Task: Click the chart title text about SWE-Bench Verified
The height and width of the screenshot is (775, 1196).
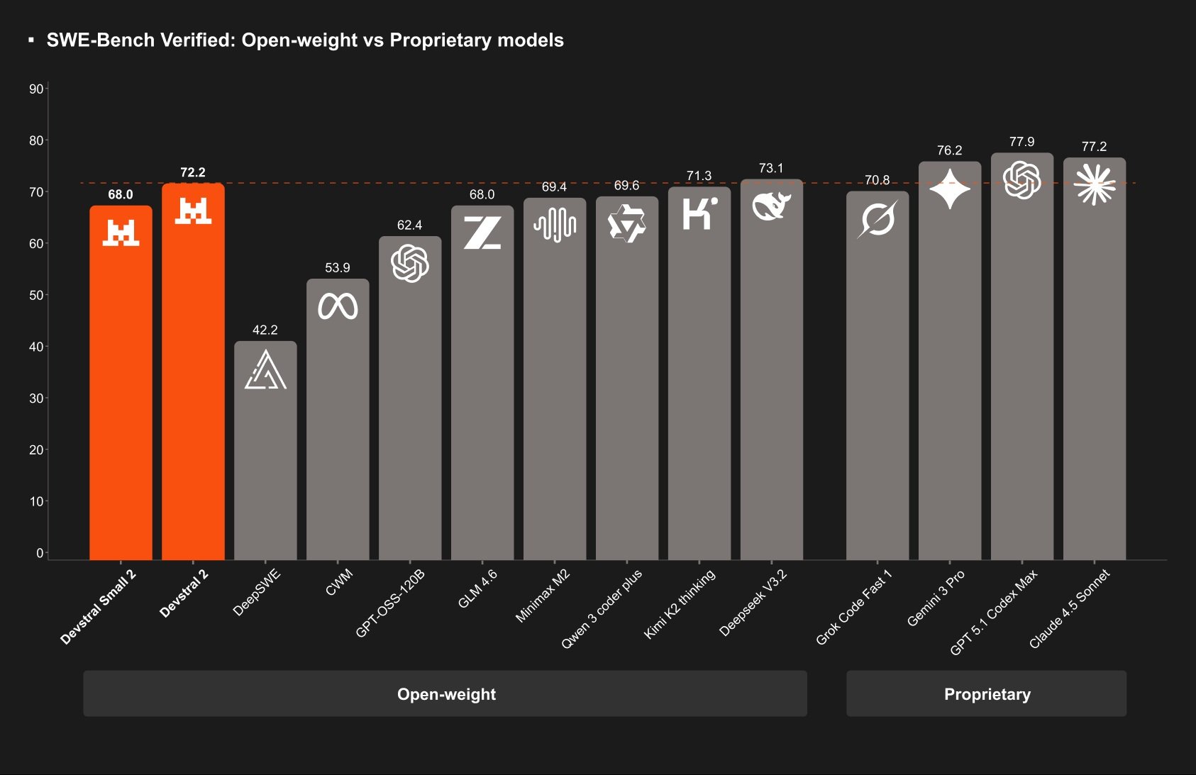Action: (x=305, y=40)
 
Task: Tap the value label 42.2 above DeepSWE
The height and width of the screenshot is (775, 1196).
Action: (x=265, y=330)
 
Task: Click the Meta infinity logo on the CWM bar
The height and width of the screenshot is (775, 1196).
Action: (x=338, y=306)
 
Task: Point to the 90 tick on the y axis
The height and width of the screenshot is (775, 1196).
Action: (x=35, y=89)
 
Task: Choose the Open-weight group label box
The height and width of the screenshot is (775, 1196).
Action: (x=445, y=694)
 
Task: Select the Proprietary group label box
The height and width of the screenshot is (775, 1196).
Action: (x=986, y=694)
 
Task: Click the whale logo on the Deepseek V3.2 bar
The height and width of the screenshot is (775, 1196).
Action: (x=771, y=206)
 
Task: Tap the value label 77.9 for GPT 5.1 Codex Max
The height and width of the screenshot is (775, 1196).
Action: (x=1021, y=142)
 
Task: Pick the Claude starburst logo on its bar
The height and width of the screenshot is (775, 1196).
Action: (x=1094, y=184)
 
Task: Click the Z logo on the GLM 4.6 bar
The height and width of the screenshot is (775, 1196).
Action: (x=482, y=233)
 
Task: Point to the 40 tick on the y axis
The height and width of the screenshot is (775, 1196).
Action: (x=35, y=347)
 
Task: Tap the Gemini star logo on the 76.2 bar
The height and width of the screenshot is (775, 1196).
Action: (x=950, y=189)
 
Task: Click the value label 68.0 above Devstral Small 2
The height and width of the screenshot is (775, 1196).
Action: (x=121, y=194)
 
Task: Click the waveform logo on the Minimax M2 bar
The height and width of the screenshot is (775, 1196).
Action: (x=555, y=225)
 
